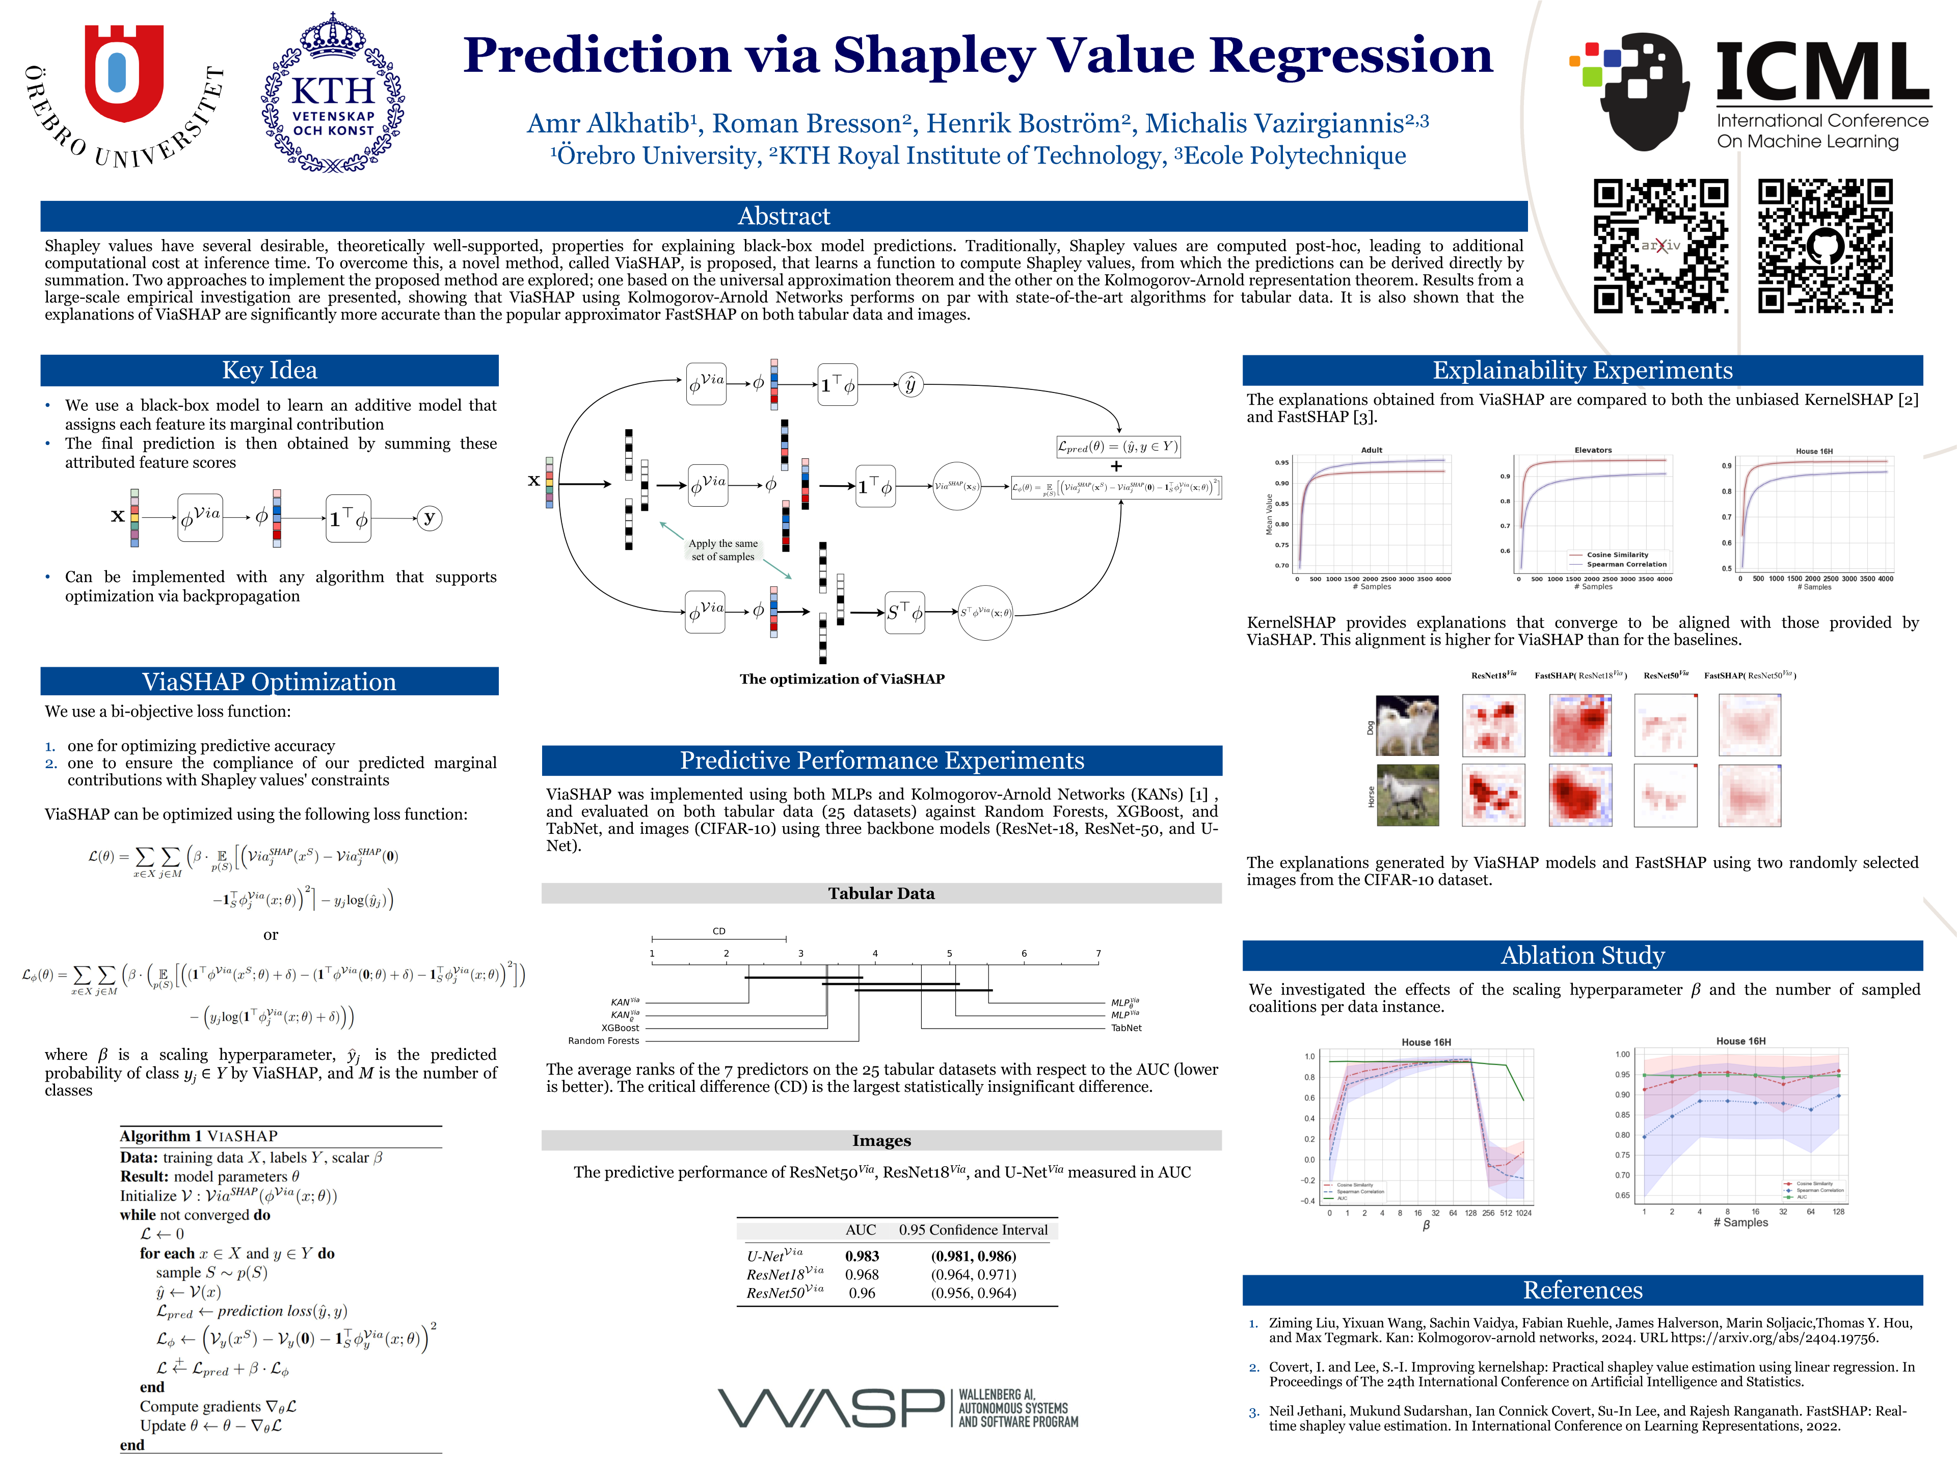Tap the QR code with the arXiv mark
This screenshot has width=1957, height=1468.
(1660, 246)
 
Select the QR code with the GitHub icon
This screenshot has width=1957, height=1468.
(1825, 246)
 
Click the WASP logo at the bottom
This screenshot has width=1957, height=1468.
(897, 1407)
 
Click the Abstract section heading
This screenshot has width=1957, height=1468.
(783, 216)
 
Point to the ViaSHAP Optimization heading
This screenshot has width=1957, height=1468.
(269, 681)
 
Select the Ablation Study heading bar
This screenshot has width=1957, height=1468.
(1582, 956)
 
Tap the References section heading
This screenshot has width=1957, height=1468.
(1582, 1290)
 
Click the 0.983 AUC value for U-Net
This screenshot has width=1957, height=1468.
(862, 1255)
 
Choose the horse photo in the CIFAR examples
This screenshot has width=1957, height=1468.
(1408, 796)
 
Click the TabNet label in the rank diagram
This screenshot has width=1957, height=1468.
(1126, 1028)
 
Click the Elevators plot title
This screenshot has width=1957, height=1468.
(1593, 451)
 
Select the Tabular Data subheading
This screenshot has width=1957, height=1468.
(881, 894)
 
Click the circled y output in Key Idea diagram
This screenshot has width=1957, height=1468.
(429, 518)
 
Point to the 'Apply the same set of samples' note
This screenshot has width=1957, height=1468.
(723, 549)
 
